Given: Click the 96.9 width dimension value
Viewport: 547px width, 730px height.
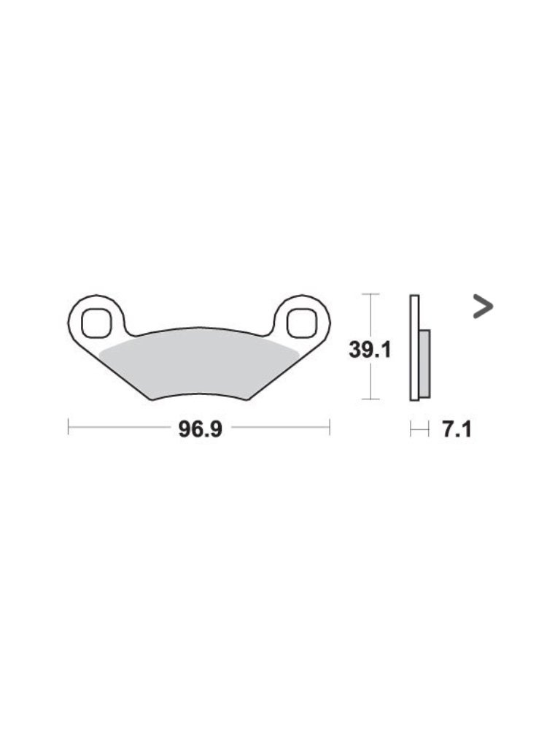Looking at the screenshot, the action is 201,429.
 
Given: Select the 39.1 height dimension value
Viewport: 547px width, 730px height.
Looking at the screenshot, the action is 371,350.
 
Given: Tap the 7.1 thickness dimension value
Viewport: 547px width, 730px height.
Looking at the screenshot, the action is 457,429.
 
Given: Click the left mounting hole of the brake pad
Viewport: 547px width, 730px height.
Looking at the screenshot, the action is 97,322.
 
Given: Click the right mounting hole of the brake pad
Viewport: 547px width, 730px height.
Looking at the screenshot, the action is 301,322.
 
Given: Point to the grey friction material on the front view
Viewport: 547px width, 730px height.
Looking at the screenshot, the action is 199,368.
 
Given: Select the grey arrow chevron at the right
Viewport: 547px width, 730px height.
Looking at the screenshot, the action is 483,307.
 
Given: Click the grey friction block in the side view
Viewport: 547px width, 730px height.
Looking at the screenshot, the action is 424,364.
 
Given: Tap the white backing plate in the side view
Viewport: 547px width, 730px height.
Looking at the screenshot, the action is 414,347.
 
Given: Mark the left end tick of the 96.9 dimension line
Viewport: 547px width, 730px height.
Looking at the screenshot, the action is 69,426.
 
